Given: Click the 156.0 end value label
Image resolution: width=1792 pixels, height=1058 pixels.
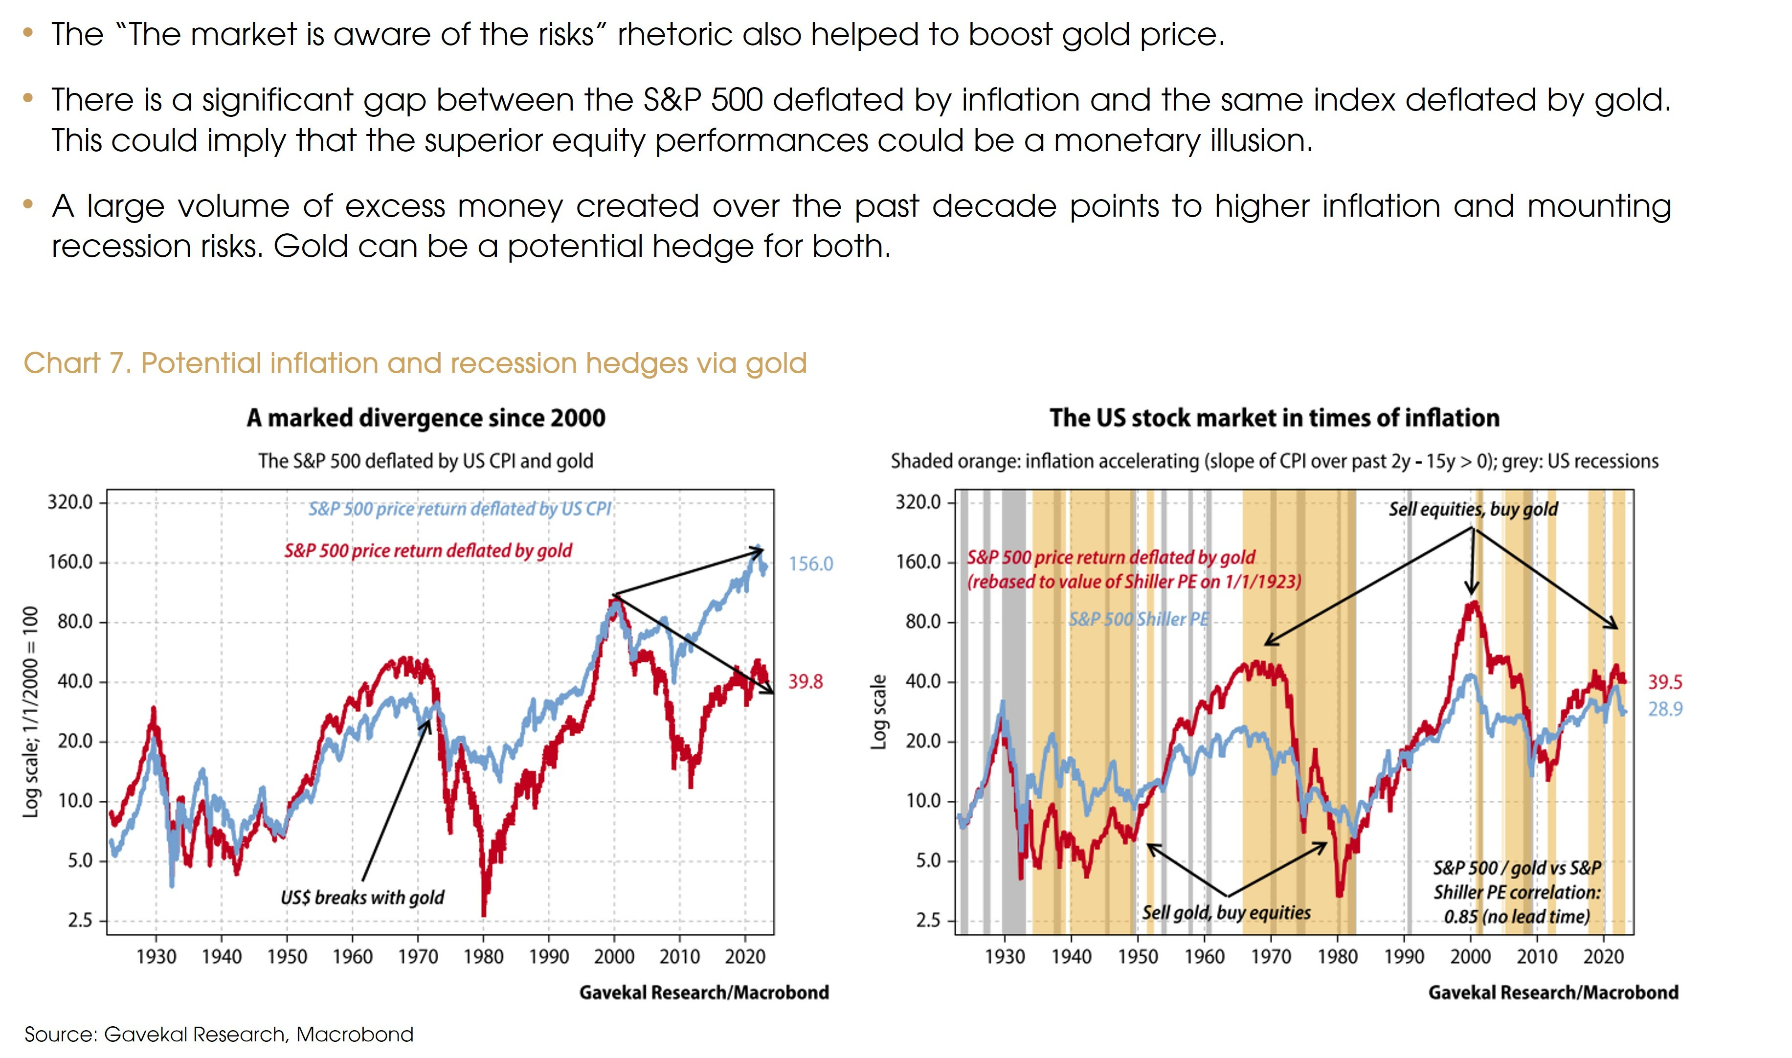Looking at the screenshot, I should pyautogui.click(x=810, y=564).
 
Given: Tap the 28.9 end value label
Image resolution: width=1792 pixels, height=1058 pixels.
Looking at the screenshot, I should pyautogui.click(x=1665, y=709).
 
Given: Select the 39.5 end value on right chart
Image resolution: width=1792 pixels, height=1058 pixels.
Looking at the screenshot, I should pyautogui.click(x=1665, y=682).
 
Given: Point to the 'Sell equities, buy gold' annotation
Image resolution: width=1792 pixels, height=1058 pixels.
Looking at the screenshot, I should pyautogui.click(x=1473, y=509).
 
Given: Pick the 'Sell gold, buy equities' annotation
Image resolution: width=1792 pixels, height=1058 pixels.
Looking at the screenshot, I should pyautogui.click(x=1226, y=913).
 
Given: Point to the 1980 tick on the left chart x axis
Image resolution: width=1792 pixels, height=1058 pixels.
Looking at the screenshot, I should pyautogui.click(x=483, y=957).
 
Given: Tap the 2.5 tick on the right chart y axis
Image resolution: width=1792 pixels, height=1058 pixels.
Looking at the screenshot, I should pyautogui.click(x=928, y=921).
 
